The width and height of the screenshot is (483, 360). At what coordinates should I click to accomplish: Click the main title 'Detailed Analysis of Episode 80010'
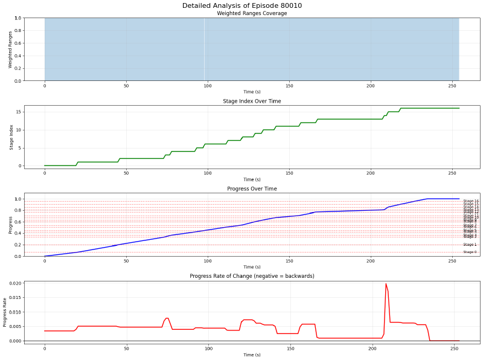241,5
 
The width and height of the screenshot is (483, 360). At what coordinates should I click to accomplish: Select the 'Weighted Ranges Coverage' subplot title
252,13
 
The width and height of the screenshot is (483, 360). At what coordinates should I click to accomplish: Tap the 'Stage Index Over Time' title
252,101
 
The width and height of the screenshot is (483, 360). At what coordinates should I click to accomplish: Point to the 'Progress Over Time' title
252,189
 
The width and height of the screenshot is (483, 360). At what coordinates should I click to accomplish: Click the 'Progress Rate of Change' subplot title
252,276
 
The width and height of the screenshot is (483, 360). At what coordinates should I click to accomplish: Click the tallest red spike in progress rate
386,284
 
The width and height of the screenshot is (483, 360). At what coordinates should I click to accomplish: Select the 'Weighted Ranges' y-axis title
10,50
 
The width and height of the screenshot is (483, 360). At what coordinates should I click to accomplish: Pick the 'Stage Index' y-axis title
10,137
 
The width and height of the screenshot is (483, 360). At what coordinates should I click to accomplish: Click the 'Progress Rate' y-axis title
5,312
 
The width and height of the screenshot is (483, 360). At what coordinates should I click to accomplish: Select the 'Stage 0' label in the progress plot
470,252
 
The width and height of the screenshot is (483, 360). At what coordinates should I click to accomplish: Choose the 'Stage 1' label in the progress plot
470,245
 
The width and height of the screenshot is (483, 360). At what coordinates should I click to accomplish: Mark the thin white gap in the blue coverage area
204,50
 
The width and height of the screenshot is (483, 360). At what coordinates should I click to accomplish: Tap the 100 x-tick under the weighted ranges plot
208,86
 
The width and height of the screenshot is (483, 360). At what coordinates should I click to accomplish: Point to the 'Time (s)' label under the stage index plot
252,179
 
